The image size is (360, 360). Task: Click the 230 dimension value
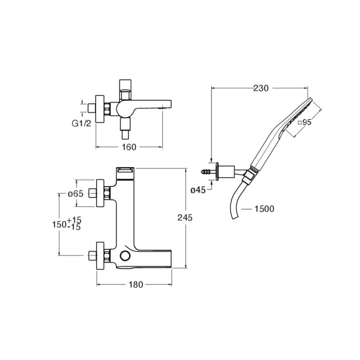pos(261,88)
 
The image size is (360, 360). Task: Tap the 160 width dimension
pos(129,147)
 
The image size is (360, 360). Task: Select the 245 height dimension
pos(185,217)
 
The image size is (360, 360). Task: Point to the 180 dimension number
pos(136,285)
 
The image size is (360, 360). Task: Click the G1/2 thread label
pos(82,123)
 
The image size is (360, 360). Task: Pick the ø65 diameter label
pos(76,194)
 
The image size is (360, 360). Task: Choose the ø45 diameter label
pos(198,190)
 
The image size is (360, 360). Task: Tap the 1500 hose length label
pos(264,209)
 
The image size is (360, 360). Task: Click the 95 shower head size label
pos(305,122)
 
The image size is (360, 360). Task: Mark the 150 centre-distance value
pos(59,224)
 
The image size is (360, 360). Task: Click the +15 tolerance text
pos(74,220)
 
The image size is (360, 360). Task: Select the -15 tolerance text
pos(74,227)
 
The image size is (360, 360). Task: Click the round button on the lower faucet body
pos(125,256)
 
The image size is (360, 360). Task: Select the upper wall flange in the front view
pos(100,193)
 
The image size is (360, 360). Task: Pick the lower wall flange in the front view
pos(100,255)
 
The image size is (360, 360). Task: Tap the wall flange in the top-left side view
pos(100,109)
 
